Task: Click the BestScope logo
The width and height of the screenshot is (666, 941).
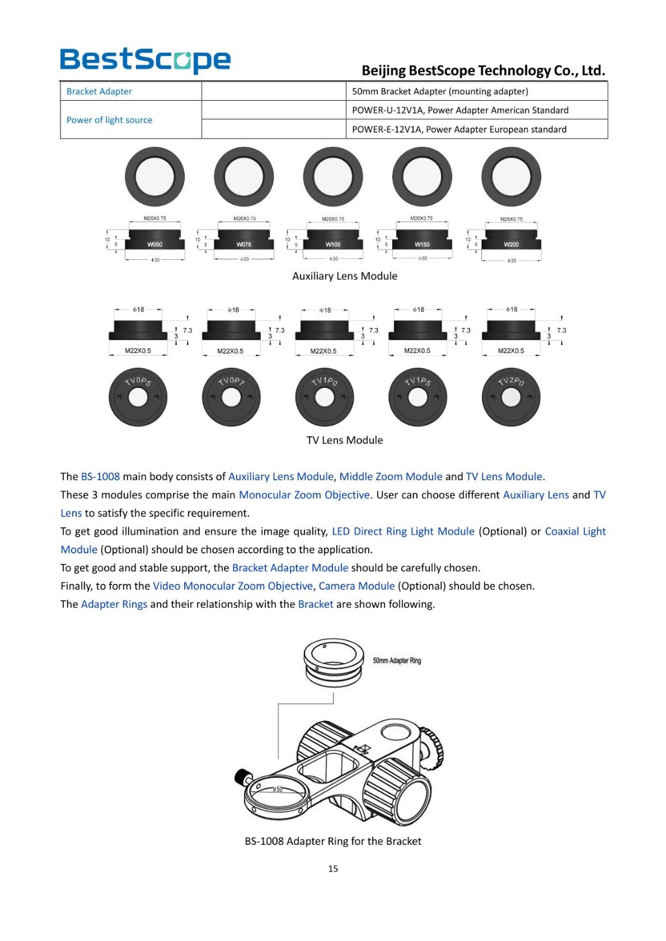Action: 145,60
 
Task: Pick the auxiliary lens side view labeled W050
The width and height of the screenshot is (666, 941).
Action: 154,242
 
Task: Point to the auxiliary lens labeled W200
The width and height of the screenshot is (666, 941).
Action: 511,242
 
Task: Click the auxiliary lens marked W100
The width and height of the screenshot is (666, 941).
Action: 333,242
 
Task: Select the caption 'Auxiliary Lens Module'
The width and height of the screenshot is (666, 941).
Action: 345,276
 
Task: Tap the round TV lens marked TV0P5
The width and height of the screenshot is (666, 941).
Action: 138,397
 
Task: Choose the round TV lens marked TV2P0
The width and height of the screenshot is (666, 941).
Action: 511,397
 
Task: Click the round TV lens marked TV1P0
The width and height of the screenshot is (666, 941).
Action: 325,397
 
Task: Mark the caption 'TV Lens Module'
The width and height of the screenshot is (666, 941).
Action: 345,440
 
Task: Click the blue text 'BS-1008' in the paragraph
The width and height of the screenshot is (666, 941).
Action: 100,476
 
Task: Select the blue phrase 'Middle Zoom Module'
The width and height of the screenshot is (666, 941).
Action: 391,476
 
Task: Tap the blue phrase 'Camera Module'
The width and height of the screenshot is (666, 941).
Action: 356,586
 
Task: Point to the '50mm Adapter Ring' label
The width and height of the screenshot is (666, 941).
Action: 397,661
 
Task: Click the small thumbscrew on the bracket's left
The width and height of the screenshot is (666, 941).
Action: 243,776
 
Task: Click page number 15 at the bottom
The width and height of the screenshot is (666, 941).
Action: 333,868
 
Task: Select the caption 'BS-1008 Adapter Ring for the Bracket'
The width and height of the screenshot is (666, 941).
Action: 333,841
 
